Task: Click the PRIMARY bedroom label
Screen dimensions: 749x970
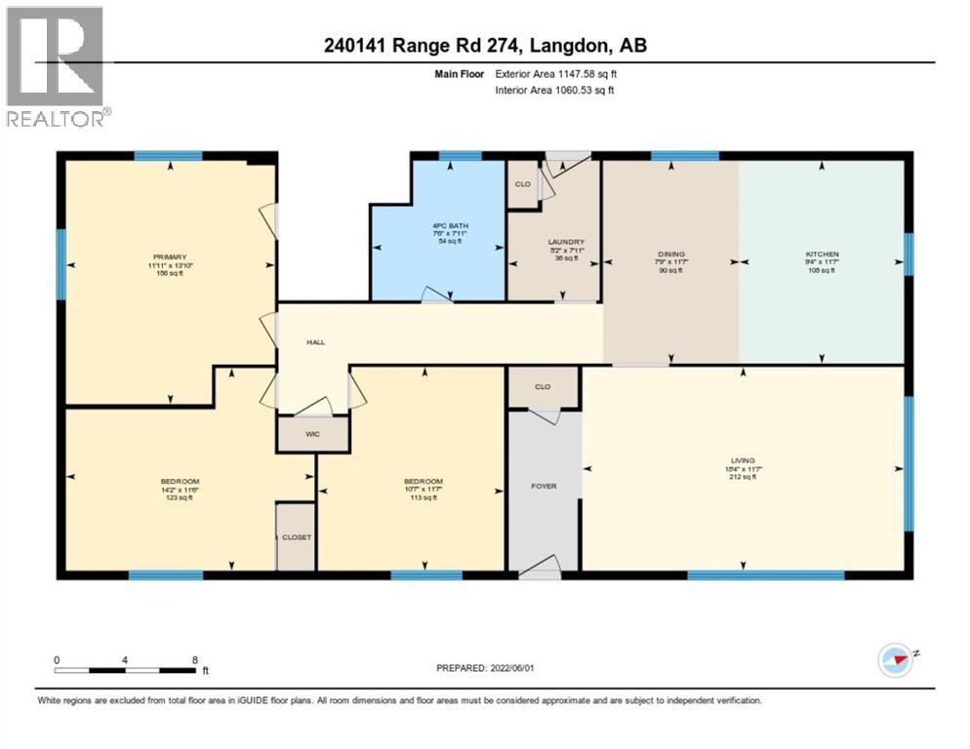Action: pos(168,257)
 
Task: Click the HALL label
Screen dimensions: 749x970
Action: pos(315,342)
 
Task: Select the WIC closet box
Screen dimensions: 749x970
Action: pos(312,434)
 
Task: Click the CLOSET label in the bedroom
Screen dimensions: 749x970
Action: pos(296,537)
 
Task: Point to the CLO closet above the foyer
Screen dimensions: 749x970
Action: pos(543,386)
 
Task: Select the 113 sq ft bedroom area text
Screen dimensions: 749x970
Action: pos(423,497)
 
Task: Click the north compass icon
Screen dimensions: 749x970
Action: pos(895,660)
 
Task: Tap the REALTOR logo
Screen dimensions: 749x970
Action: pos(57,66)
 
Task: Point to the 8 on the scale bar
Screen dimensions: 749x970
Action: pos(195,659)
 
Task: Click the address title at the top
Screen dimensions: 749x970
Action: pos(484,45)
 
